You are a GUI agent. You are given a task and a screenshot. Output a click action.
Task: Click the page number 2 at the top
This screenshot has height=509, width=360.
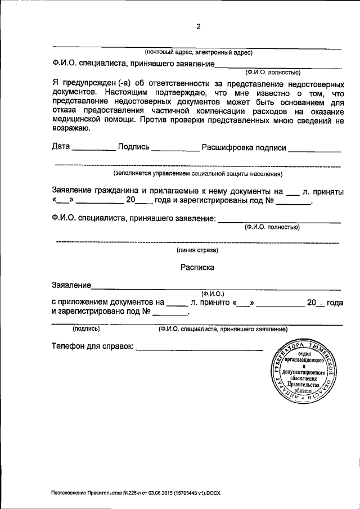pos(198,26)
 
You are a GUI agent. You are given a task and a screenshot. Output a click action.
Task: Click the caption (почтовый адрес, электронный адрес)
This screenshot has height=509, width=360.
pos(199,53)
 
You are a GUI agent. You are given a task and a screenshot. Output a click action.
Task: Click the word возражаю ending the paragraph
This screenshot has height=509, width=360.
pos(70,129)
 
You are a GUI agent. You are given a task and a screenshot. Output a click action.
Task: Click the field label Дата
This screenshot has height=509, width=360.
pos(61,147)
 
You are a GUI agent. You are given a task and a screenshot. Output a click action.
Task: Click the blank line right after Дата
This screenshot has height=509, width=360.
pos(93,149)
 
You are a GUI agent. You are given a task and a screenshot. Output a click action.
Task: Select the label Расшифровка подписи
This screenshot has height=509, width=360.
pos(244,147)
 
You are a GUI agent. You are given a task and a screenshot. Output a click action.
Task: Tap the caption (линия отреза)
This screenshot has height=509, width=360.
pos(197,250)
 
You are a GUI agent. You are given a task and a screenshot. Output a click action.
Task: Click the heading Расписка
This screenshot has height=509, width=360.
pos(197,268)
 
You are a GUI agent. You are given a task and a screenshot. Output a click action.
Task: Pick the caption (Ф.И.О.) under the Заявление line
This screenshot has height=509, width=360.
pos(212,294)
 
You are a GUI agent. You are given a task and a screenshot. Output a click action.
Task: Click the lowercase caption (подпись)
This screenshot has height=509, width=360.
pos(86,328)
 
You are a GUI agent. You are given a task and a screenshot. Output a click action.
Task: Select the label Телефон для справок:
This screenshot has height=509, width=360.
pos(93,346)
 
